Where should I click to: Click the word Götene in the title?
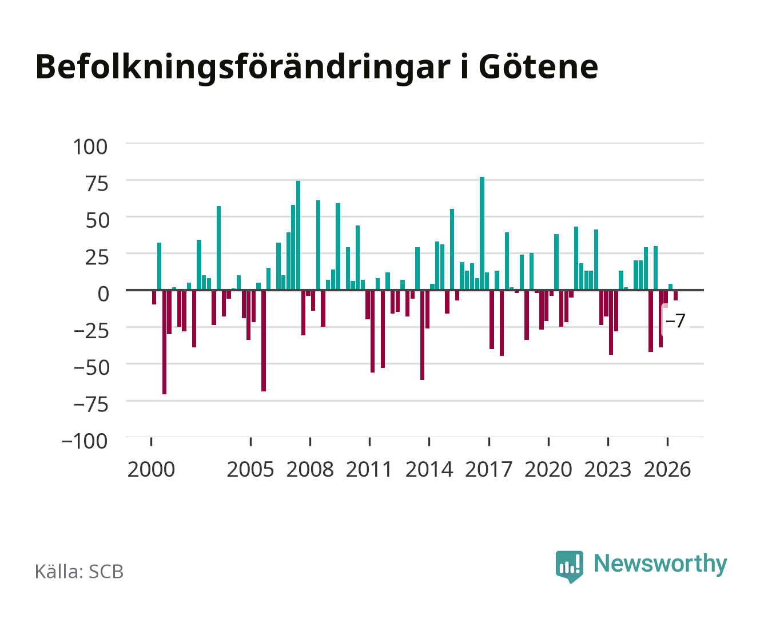pos(538,67)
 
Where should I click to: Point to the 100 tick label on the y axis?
pos(90,147)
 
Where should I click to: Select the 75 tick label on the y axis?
pos(97,184)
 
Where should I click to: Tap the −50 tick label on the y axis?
pos(91,367)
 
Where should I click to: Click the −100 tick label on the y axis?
pos(85,441)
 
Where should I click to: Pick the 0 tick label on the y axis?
pos(104,294)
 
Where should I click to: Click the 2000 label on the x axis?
pos(151,469)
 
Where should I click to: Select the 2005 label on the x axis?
pos(250,469)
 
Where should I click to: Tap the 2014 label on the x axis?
pos(429,469)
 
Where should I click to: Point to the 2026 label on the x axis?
pos(667,469)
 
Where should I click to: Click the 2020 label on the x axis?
pos(548,469)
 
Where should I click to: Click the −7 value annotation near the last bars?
pos(675,320)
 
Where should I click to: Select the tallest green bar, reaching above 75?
pos(482,233)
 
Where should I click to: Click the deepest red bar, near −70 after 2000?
pos(164,342)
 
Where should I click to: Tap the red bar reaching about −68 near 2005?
pos(264,340)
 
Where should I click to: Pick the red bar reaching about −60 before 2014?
pos(422,335)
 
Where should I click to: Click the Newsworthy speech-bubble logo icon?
pos(569,566)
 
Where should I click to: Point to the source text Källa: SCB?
pos(79,572)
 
